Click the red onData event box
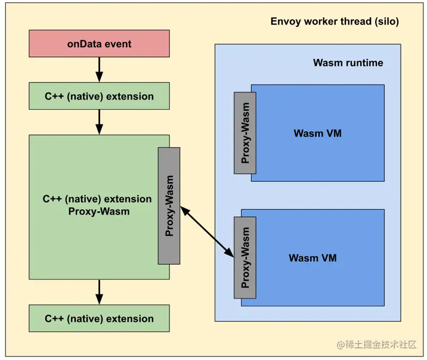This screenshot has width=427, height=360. (x=99, y=44)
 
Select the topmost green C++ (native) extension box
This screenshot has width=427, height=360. (x=99, y=96)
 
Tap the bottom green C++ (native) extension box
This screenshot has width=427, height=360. (x=99, y=318)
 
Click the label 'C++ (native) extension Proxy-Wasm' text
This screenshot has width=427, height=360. (x=97, y=205)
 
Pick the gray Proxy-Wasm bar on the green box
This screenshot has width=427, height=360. (x=169, y=206)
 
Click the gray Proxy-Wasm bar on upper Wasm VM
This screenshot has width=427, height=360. (x=245, y=133)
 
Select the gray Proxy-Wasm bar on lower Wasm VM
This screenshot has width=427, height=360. (x=245, y=257)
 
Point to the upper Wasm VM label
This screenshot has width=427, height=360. (x=317, y=134)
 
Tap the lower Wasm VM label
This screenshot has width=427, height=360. (x=312, y=258)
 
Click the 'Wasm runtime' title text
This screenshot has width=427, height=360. (x=348, y=63)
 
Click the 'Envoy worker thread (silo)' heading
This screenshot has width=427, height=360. (x=335, y=22)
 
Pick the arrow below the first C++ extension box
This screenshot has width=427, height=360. (x=99, y=122)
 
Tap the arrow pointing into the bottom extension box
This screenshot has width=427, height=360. (x=99, y=292)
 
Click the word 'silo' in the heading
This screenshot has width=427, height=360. (x=385, y=22)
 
